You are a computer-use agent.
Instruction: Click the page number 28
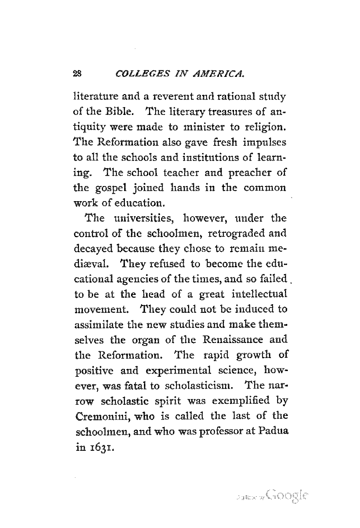(78, 74)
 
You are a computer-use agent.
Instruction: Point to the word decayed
(90, 249)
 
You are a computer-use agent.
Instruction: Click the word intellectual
(260, 294)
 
